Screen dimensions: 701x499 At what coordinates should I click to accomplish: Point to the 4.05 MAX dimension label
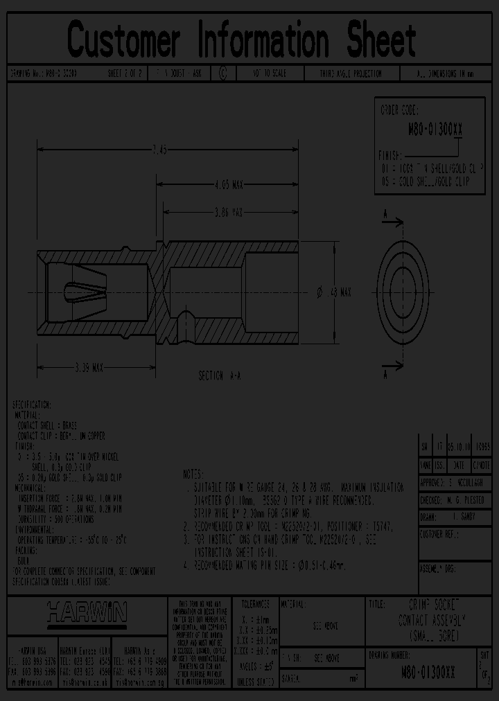228,185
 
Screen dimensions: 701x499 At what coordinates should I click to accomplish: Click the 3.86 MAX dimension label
228,211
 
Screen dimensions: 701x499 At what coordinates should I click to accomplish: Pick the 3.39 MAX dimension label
89,368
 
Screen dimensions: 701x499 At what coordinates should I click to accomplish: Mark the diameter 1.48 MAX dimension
334,293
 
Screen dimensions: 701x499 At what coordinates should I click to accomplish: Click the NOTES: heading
193,474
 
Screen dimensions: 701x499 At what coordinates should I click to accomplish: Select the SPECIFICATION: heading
32,404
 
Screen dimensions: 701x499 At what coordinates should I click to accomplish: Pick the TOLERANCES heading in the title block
251,605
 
